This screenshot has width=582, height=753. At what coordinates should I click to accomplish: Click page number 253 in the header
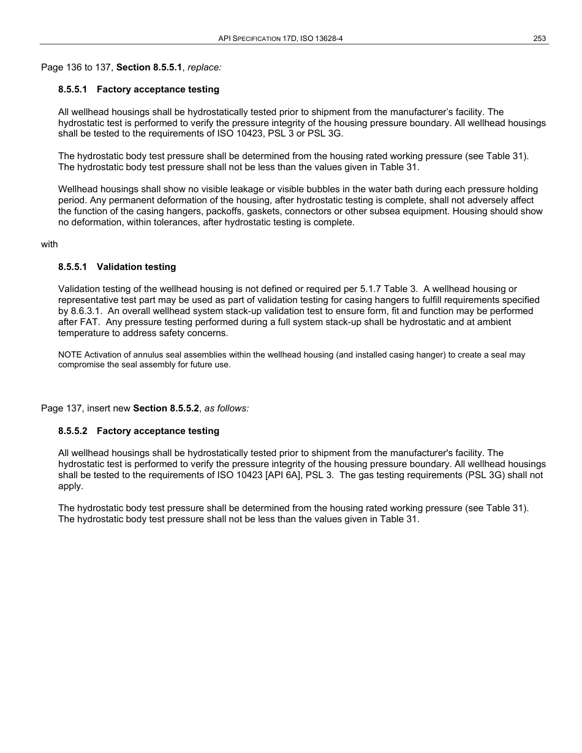[x=539, y=39]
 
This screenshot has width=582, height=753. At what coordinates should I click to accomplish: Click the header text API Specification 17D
[x=257, y=39]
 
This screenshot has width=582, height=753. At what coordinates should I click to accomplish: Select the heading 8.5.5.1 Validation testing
[x=117, y=267]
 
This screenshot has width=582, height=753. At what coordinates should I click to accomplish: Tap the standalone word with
[x=49, y=244]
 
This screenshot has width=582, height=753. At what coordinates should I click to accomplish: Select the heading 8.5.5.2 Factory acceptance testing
[x=138, y=431]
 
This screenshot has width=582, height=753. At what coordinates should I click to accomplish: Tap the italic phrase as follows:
[x=227, y=408]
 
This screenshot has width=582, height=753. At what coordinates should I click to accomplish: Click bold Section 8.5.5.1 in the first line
[x=149, y=67]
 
